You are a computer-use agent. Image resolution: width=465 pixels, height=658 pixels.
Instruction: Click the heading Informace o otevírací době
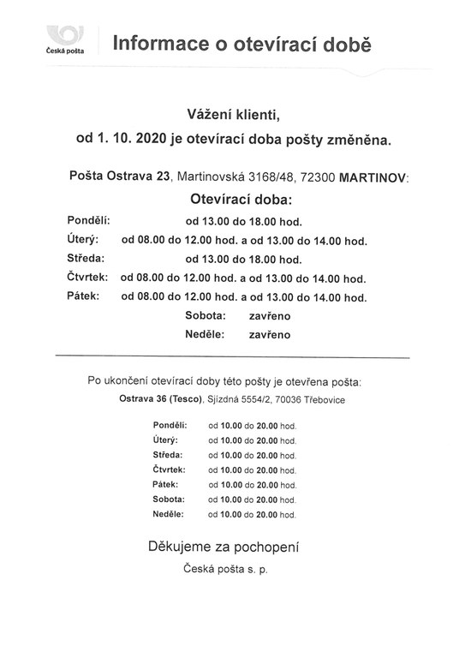[243, 42]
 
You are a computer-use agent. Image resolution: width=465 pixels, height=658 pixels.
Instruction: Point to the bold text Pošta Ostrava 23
[121, 177]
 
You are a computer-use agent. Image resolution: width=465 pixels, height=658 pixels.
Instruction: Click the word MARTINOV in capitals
[374, 177]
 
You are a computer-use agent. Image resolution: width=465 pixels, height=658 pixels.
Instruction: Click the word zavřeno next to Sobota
[271, 316]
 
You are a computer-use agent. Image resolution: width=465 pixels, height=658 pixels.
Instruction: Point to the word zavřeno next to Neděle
[271, 335]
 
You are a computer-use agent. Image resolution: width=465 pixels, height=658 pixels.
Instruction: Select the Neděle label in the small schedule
[168, 514]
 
